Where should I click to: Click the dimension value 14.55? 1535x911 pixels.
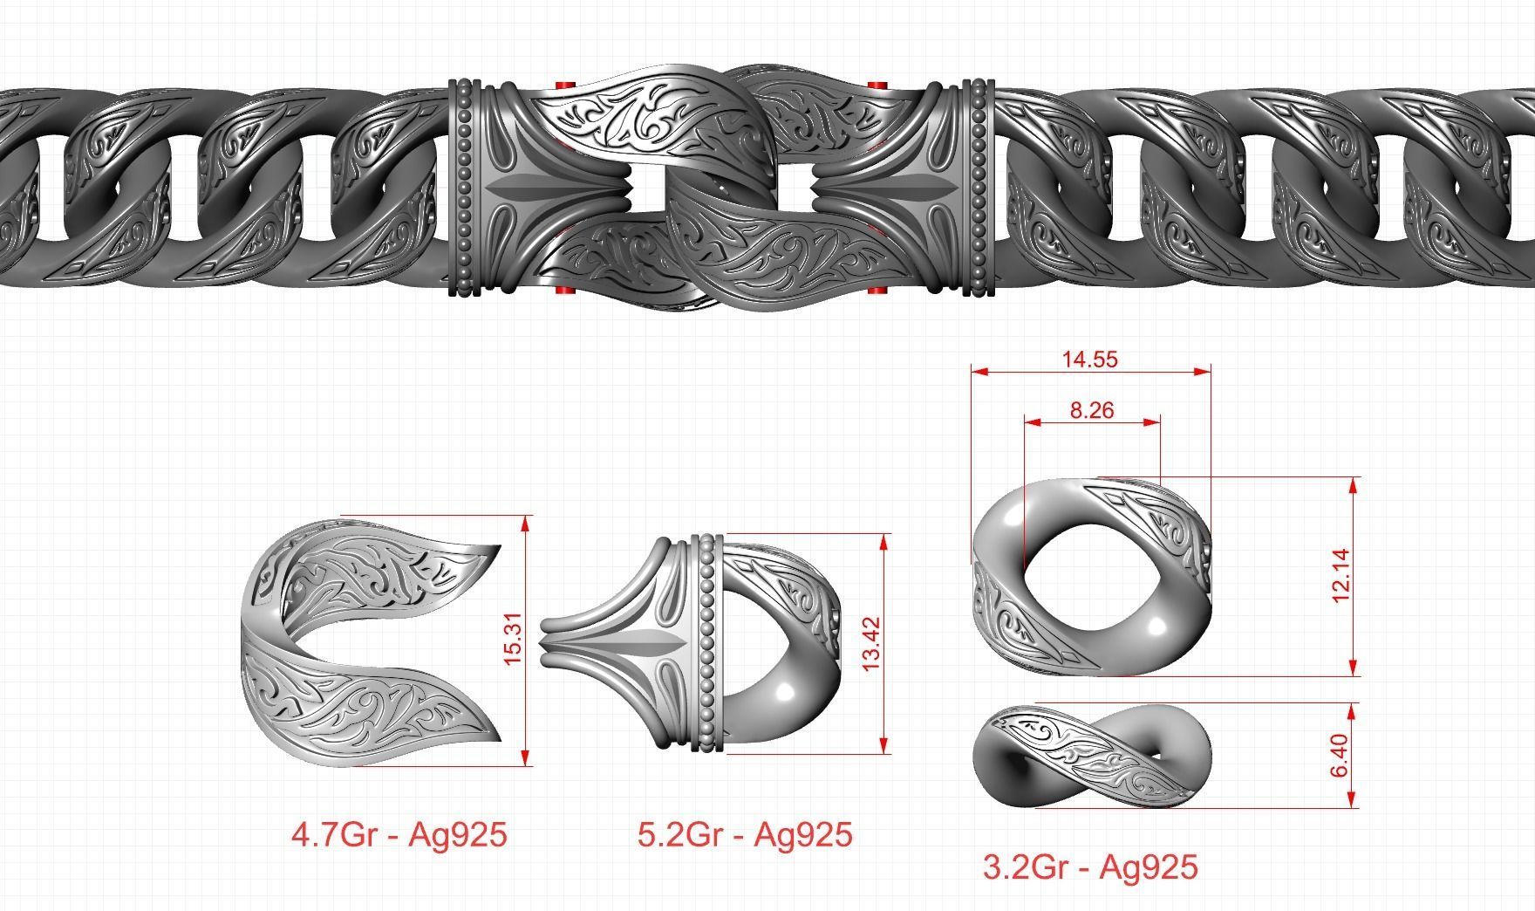click(x=1090, y=359)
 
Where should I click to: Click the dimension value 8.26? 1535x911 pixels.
click(x=1090, y=409)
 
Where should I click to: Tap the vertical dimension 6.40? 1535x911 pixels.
click(x=1341, y=755)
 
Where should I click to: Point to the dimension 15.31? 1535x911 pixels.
click(x=513, y=639)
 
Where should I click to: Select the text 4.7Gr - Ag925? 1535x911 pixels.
click(x=399, y=835)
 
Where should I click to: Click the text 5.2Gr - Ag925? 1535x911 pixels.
click(x=744, y=835)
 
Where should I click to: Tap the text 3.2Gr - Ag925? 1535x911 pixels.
click(x=1090, y=867)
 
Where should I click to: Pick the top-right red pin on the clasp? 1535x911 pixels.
click(x=877, y=85)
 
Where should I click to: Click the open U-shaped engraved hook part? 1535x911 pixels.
click(x=366, y=641)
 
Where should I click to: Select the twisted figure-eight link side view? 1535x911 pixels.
click(x=1090, y=755)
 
